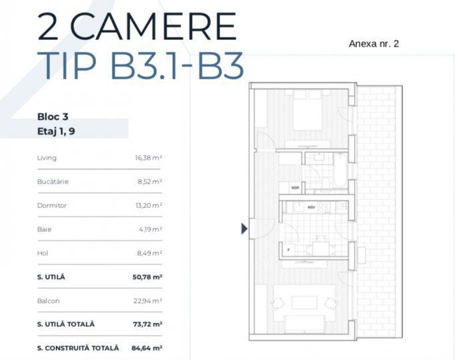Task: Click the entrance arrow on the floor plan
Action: pyautogui.click(x=244, y=229)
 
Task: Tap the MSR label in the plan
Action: pyautogui.click(x=295, y=188)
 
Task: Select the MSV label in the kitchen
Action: pyautogui.click(x=311, y=208)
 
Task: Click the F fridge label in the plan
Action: pyautogui.click(x=288, y=250)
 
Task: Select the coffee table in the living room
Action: pyautogui.click(x=305, y=302)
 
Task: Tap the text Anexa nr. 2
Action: pyautogui.click(x=374, y=44)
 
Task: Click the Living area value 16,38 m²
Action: pyautogui.click(x=149, y=158)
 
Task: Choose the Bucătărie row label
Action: pyautogui.click(x=53, y=181)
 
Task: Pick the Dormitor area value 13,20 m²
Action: pyautogui.click(x=149, y=205)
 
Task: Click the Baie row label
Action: pyautogui.click(x=45, y=229)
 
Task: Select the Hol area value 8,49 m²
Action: pyautogui.click(x=150, y=253)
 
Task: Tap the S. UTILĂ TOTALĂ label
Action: pyautogui.click(x=66, y=324)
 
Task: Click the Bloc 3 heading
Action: pyautogui.click(x=53, y=116)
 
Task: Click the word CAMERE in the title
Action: pyautogui.click(x=153, y=26)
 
